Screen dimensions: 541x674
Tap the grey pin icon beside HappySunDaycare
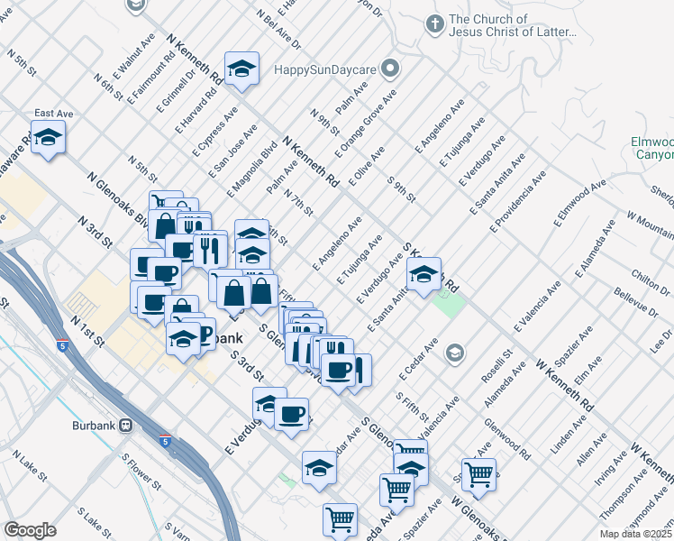tap(390, 68)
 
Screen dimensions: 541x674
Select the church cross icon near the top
tap(434, 24)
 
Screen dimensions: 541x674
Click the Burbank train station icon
tap(127, 424)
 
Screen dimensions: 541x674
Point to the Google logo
tap(30, 530)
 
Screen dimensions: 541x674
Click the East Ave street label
tap(53, 114)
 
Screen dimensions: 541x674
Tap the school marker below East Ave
tap(48, 138)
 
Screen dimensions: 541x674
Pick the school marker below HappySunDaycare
tap(241, 69)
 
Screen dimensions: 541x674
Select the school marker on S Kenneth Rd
tap(424, 273)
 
